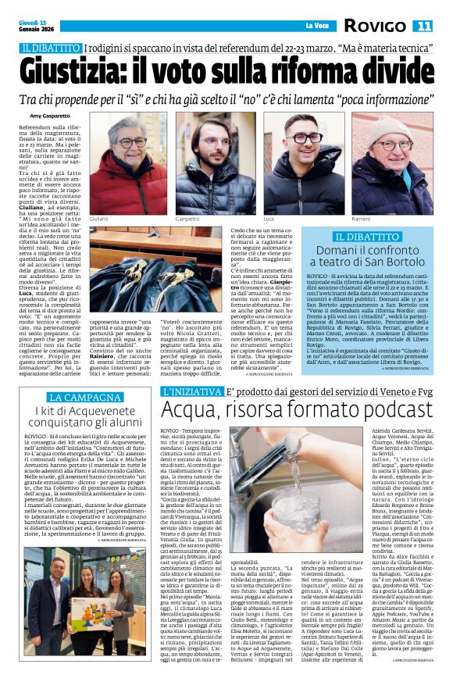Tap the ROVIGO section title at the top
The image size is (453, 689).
[376, 27]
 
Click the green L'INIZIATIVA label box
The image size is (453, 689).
[188, 391]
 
